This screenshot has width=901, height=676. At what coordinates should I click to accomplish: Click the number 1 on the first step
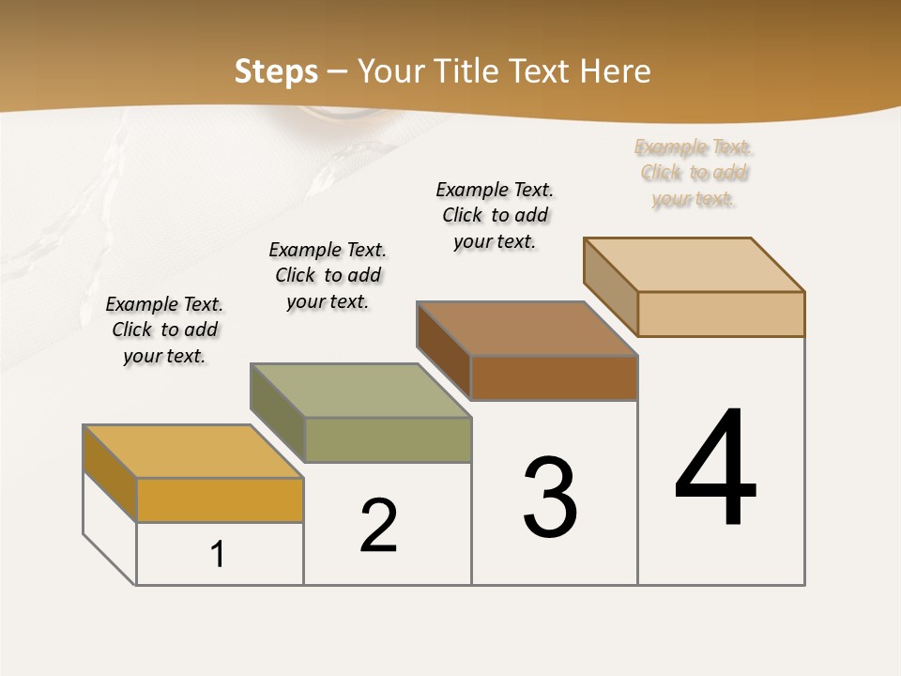click(218, 554)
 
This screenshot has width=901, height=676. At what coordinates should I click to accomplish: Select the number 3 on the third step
click(550, 498)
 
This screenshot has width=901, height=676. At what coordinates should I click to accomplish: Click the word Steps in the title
click(276, 71)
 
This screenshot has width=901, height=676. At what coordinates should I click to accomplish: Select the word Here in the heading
click(616, 71)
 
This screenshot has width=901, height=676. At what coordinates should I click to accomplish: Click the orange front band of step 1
click(220, 499)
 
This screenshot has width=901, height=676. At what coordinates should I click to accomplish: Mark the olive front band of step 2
click(388, 439)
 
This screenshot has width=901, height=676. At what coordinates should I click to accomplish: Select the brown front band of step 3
click(554, 377)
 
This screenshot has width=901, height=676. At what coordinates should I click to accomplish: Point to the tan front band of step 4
click(721, 314)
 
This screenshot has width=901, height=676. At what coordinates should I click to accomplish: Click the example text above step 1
click(164, 330)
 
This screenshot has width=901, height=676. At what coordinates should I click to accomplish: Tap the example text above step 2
click(328, 275)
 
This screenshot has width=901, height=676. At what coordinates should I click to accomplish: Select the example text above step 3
click(495, 215)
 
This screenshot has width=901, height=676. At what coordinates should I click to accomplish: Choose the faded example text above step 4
click(694, 173)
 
